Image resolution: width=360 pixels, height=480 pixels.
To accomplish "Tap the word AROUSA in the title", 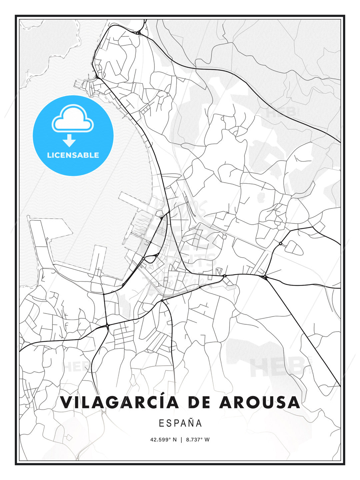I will [x=259, y=402].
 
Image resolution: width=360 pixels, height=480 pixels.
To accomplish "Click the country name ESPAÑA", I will [x=180, y=423].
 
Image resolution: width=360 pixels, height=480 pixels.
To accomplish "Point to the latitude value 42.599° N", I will [x=163, y=440].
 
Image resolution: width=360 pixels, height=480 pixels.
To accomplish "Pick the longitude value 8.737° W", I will [x=198, y=440].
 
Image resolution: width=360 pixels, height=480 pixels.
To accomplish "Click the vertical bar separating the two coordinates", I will [x=181, y=440].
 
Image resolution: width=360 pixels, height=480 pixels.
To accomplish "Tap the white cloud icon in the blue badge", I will [x=73, y=119].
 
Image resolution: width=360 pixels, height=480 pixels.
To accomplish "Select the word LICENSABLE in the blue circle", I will [x=73, y=155].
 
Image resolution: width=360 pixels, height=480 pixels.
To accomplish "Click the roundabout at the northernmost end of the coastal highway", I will [x=138, y=33].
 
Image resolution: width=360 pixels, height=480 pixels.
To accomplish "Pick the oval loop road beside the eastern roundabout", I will [x=294, y=247].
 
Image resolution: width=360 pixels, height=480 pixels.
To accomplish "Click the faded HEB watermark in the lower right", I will [x=277, y=367].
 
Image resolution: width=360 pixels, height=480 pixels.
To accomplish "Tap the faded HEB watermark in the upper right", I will [x=282, y=112].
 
